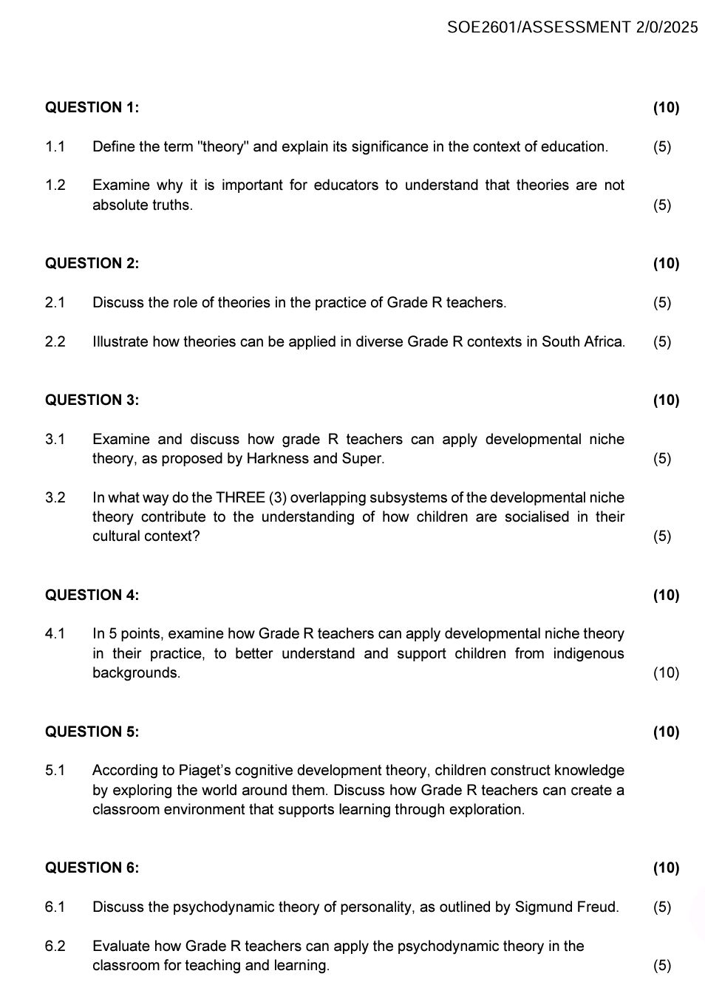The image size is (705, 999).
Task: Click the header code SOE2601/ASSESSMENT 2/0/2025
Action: point(572,27)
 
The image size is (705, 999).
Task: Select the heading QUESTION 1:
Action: point(92,107)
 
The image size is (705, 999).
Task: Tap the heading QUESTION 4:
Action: point(92,595)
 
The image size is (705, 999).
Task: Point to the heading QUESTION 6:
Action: point(92,867)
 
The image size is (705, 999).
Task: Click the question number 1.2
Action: point(55,185)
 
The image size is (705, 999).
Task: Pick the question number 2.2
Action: point(55,341)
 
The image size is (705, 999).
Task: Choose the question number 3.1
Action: point(55,439)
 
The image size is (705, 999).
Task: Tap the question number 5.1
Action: point(55,770)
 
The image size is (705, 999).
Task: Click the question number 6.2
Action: point(55,946)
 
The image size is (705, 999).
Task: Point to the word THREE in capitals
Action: point(240,497)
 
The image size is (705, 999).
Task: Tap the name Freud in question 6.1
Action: point(596,907)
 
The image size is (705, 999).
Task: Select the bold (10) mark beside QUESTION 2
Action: point(666,263)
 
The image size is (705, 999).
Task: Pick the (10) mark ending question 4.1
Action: point(666,672)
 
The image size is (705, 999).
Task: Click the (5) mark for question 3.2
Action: point(662,536)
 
